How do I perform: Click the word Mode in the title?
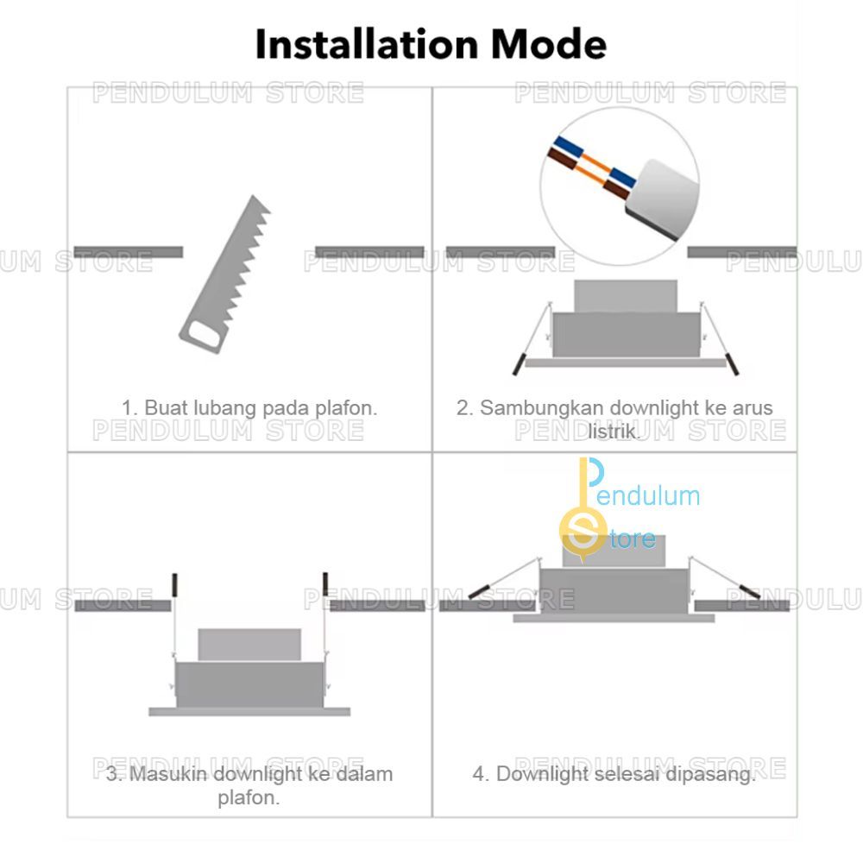tap(548, 44)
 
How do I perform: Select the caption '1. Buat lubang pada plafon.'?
tap(249, 408)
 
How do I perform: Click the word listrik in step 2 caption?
tap(614, 431)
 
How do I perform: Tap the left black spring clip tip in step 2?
tap(518, 364)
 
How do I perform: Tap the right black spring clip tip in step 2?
tap(733, 363)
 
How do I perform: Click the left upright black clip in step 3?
tap(174, 585)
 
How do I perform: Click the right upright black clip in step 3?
tap(325, 584)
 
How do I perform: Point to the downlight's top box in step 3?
tap(249, 645)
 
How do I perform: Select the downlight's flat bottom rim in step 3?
tap(249, 712)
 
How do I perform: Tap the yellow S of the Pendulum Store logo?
tap(583, 532)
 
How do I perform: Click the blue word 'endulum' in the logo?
tap(648, 495)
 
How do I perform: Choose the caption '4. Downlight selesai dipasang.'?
tap(614, 774)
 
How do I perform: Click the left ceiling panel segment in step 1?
tap(129, 252)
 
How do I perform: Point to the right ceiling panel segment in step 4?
tap(742, 606)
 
